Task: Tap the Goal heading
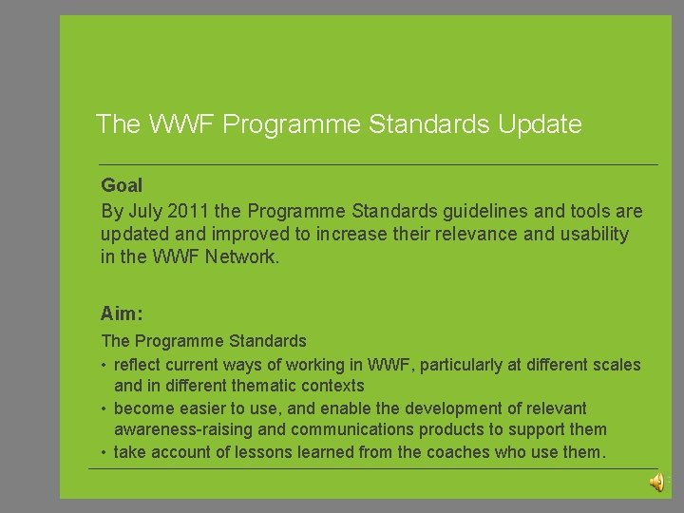[122, 185]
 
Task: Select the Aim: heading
[121, 313]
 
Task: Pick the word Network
[244, 256]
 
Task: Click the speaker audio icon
[656, 483]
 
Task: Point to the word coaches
[461, 452]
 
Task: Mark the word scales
[617, 364]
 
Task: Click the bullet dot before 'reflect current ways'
[104, 365]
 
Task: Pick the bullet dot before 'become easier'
[104, 408]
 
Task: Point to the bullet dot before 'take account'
[104, 453]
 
